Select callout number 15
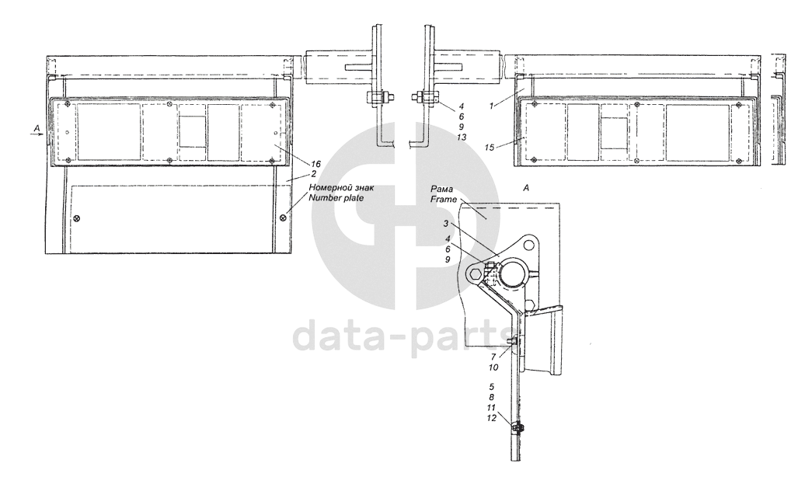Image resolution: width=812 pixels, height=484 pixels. [x=490, y=148]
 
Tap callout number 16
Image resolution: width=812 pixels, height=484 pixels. [x=315, y=164]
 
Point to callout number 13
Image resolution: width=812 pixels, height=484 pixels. [x=462, y=138]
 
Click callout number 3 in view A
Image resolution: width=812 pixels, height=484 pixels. [x=446, y=224]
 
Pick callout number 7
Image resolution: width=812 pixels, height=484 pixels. [x=493, y=357]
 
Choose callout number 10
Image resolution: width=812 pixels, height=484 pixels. [x=493, y=367]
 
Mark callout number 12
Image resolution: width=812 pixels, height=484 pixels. [x=491, y=418]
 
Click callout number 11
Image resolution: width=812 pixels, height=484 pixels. [x=491, y=407]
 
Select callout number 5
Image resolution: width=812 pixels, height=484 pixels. [x=492, y=386]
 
